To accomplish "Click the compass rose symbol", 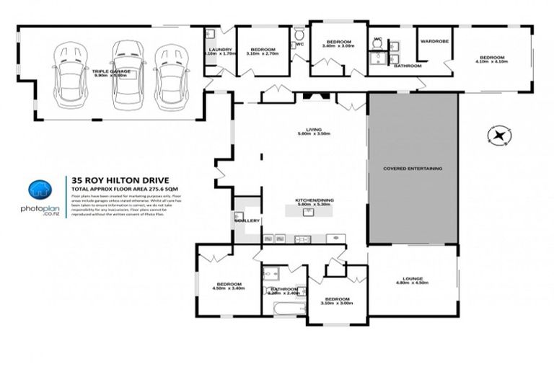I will [x=498, y=135].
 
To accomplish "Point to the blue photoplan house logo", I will [x=40, y=191].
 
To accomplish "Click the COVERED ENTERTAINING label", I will [x=413, y=169].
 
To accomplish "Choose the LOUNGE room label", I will [x=413, y=278].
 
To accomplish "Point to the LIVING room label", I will [x=313, y=129].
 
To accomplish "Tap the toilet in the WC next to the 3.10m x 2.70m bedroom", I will [x=299, y=35].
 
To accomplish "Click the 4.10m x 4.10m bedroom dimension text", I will [x=492, y=62].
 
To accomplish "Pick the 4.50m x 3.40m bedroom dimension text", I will [x=229, y=288].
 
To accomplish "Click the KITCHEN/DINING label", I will [x=312, y=200].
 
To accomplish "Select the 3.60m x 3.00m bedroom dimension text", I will [x=338, y=48].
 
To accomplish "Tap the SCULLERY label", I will [x=247, y=221].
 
